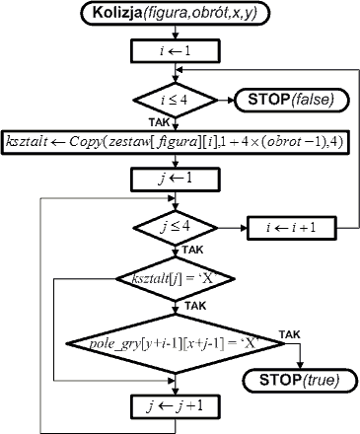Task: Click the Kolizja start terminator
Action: (x=176, y=13)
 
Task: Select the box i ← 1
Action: (x=176, y=51)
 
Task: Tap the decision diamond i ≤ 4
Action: (x=176, y=100)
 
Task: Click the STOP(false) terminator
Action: (x=291, y=100)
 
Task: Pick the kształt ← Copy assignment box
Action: (x=176, y=142)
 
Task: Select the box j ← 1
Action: (x=176, y=180)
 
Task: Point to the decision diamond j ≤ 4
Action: (x=176, y=228)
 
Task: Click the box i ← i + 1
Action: (x=292, y=228)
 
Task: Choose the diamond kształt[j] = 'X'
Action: (x=176, y=279)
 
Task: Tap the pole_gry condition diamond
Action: (x=176, y=343)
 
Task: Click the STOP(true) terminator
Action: (x=300, y=381)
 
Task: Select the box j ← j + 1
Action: (x=176, y=406)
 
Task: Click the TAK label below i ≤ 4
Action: (x=159, y=122)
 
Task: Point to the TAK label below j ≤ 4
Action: (x=193, y=250)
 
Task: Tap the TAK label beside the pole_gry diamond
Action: (x=290, y=334)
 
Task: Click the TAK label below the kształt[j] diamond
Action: (x=195, y=306)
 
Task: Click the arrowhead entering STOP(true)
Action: (x=300, y=365)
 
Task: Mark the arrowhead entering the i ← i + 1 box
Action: (x=244, y=228)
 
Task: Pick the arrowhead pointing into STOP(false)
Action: (x=230, y=100)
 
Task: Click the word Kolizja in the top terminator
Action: (x=117, y=13)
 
